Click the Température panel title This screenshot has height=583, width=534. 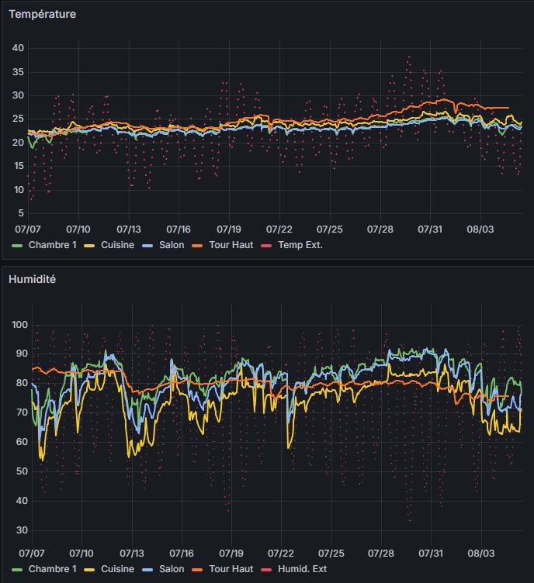tap(42, 14)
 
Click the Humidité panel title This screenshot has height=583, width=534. tap(33, 278)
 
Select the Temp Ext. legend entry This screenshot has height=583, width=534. tap(300, 245)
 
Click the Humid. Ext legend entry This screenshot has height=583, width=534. tap(303, 569)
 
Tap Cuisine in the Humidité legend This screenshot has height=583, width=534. tap(117, 569)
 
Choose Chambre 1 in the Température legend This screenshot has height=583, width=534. tap(53, 245)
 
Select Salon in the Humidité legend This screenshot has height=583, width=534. tap(172, 569)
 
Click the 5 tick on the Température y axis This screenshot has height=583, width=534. tap(22, 213)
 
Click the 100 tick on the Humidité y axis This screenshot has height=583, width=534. tap(18, 324)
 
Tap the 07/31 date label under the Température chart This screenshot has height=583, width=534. tap(430, 229)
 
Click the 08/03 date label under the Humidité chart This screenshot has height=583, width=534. tap(480, 554)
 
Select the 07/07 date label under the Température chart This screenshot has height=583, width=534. tap(28, 229)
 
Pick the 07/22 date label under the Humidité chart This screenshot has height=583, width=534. tap(279, 554)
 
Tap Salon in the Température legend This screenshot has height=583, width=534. tap(172, 245)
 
